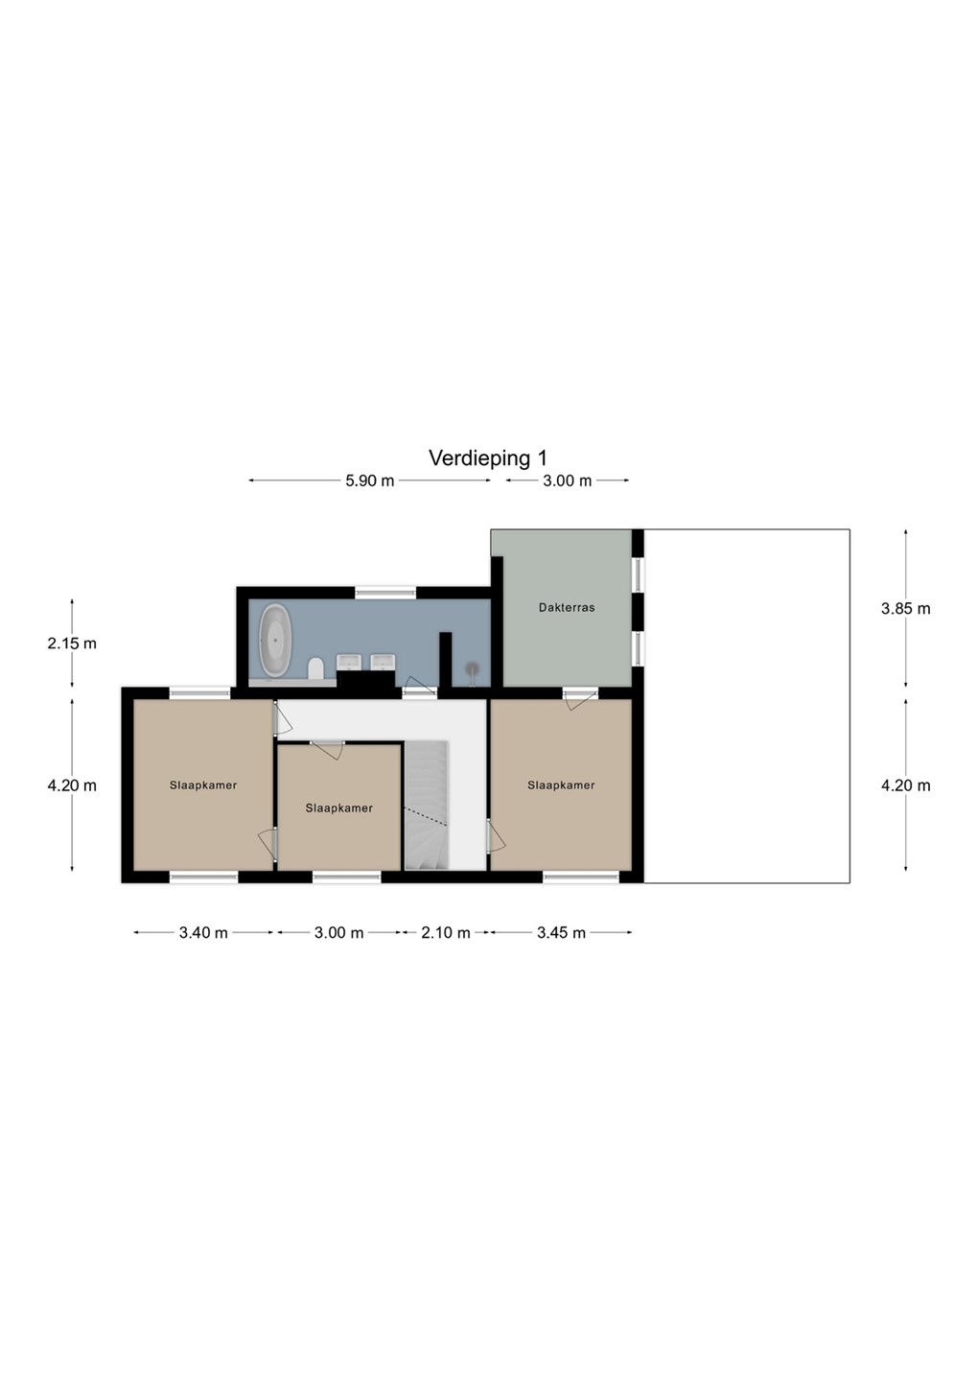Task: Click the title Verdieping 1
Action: pos(488,458)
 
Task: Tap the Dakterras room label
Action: pos(567,607)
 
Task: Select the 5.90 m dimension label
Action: pos(369,480)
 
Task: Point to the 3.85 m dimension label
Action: pos(905,608)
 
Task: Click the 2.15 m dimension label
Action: pos(72,643)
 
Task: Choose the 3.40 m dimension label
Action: pos(203,933)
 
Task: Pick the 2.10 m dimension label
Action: pos(446,933)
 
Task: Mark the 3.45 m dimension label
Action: pos(561,933)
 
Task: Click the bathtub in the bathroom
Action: pos(275,640)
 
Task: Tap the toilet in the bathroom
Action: pos(315,668)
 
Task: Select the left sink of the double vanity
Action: pos(348,662)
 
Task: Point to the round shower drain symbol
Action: pos(472,667)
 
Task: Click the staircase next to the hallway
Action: pos(428,806)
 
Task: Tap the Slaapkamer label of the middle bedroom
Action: pos(339,808)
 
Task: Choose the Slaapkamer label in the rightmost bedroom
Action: pos(561,784)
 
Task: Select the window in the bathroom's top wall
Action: pos(385,593)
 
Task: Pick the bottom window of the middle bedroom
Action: pos(346,878)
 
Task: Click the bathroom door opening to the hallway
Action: pos(420,687)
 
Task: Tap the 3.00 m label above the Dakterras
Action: pos(567,480)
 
